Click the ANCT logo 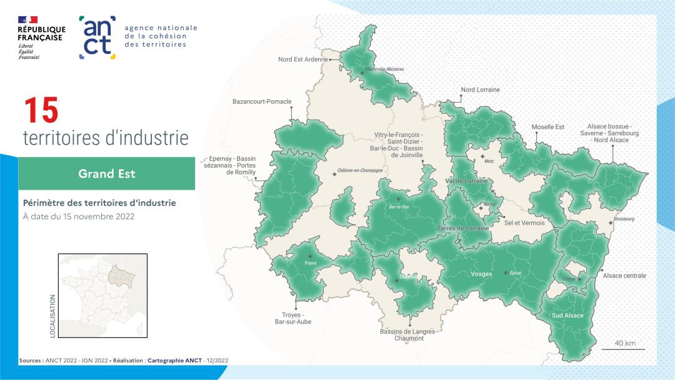97,38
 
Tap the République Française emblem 41,38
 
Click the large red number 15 41,111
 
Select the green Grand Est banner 106,173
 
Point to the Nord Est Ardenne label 302,59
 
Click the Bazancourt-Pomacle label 262,101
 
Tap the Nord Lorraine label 480,90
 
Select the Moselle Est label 547,127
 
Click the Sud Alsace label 567,316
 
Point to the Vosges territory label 481,274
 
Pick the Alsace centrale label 624,275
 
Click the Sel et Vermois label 524,223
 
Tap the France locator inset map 102,296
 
